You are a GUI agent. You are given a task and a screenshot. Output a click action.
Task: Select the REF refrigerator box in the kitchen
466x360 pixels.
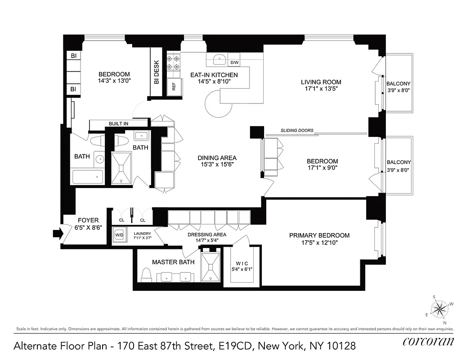174,87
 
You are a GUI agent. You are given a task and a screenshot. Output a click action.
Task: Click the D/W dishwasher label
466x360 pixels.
234,63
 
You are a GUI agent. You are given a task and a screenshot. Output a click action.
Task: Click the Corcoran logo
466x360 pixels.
428,341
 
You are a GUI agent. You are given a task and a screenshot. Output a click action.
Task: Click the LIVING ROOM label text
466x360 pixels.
321,82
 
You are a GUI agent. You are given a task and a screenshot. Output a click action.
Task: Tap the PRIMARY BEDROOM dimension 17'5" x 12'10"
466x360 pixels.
319,243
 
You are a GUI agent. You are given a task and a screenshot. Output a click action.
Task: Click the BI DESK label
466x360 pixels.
156,73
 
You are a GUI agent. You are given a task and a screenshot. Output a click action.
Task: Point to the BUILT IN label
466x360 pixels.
118,124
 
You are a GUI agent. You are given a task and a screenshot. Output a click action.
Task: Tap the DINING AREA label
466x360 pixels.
217,158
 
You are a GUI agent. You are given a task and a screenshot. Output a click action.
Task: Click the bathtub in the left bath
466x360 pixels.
87,177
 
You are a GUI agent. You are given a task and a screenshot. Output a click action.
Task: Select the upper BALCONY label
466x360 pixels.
398,84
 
